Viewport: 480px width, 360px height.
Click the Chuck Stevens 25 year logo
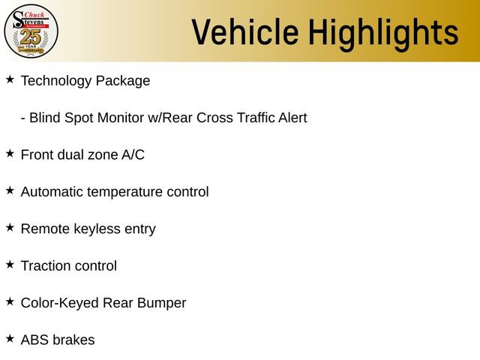(x=31, y=31)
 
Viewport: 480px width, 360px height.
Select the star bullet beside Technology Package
(x=10, y=79)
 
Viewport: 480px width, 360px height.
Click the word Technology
(x=55, y=81)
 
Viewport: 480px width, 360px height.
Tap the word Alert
(x=292, y=118)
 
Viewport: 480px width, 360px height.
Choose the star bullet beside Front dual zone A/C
(x=10, y=153)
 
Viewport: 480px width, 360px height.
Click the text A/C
(x=133, y=155)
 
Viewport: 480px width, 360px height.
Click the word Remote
(x=45, y=229)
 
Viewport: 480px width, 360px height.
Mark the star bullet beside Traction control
(x=10, y=264)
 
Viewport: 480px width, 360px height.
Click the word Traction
(x=46, y=265)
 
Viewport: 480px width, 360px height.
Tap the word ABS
(x=34, y=340)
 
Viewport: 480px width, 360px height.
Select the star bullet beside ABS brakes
(x=10, y=338)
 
